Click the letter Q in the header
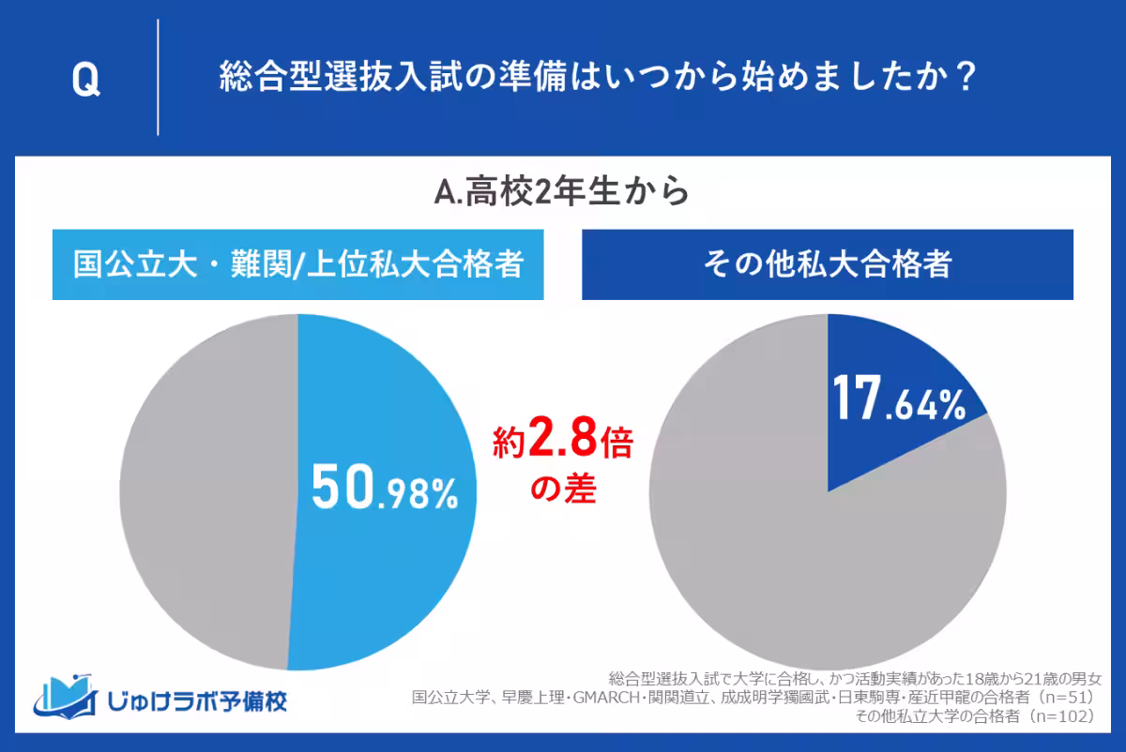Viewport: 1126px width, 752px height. click(85, 81)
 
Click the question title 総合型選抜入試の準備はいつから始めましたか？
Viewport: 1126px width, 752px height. click(595, 79)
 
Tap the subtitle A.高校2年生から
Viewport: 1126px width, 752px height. click(562, 192)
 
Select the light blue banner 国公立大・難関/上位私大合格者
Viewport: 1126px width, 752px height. click(298, 264)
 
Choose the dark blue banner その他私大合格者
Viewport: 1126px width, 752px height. click(828, 264)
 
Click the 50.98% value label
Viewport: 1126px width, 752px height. click(384, 489)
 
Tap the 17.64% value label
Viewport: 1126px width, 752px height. click(896, 402)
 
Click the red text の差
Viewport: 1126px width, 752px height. click(563, 489)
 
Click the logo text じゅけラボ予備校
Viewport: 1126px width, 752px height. click(197, 699)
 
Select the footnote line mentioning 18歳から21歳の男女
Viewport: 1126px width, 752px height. click(854, 678)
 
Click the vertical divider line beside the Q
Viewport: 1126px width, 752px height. click(158, 79)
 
